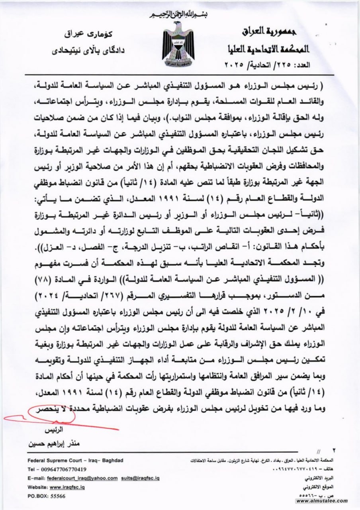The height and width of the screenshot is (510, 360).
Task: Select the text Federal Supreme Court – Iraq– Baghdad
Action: pos(75,460)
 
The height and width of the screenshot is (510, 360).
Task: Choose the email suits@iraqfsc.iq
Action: pos(141,478)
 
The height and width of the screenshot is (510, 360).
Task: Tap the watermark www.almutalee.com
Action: pos(322,501)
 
